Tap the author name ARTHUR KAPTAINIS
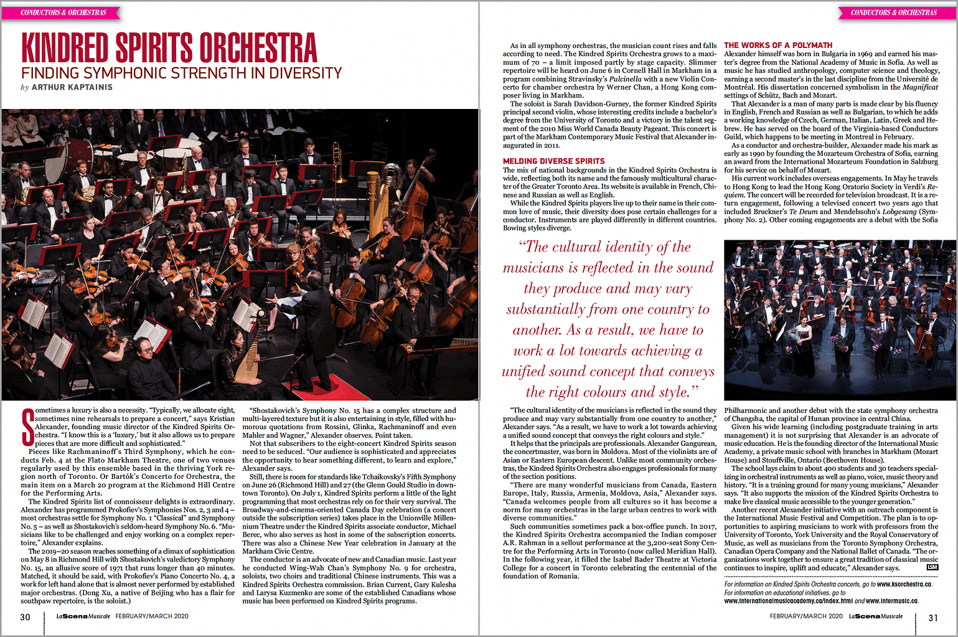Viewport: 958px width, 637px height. point(72,87)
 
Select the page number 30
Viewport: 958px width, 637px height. point(25,617)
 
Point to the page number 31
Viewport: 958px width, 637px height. point(932,618)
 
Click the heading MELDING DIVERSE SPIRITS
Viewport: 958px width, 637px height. point(553,161)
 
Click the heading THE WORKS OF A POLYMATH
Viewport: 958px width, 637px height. point(777,45)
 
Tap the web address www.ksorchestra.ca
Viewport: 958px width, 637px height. point(904,584)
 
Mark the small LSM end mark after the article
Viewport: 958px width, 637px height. point(932,567)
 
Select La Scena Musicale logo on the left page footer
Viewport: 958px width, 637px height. point(83,616)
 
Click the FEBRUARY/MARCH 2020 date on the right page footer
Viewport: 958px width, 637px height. point(805,616)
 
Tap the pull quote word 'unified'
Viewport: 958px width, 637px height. point(524,372)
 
